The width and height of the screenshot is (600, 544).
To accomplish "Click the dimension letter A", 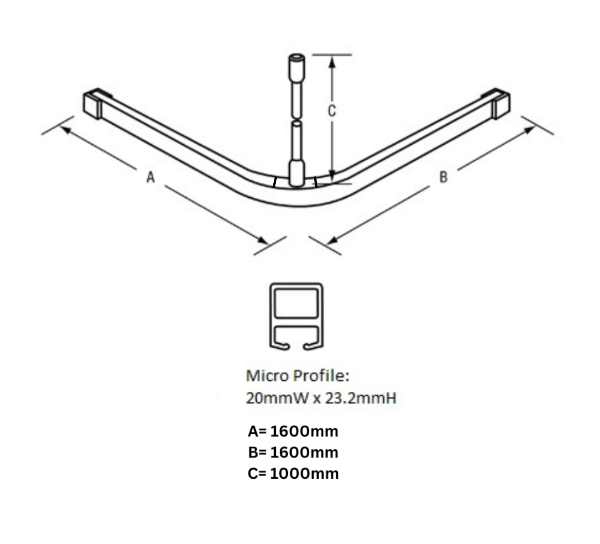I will click(150, 177).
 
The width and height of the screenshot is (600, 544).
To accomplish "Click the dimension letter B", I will click(443, 177).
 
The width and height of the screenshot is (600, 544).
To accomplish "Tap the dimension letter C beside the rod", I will click(332, 111).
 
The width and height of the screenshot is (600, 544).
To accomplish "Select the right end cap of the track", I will click(501, 104).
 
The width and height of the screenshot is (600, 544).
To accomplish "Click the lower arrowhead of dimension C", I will click(333, 176).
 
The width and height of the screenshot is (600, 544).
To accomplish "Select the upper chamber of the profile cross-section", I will click(296, 303).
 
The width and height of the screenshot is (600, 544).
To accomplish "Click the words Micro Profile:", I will click(298, 376).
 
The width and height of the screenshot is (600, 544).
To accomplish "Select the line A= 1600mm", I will click(293, 432).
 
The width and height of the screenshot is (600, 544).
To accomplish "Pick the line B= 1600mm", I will click(293, 452).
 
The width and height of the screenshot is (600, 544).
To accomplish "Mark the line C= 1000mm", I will click(293, 474).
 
